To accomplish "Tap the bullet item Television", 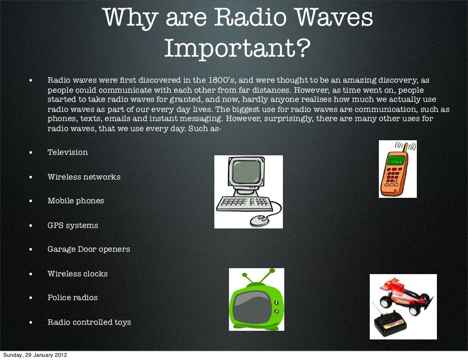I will click(x=68, y=152).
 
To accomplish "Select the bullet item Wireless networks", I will click(x=84, y=177).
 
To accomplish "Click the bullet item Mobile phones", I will click(x=76, y=201).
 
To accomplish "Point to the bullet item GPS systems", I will click(x=73, y=225).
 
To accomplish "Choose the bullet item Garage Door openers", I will click(x=89, y=249).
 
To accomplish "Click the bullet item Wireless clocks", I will click(x=78, y=274).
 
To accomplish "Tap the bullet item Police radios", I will click(x=73, y=297).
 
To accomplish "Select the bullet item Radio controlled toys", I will click(x=89, y=322).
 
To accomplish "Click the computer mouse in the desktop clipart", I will click(x=259, y=220).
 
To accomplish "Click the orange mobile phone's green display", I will click(x=395, y=160).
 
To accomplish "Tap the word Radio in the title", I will click(x=244, y=18).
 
